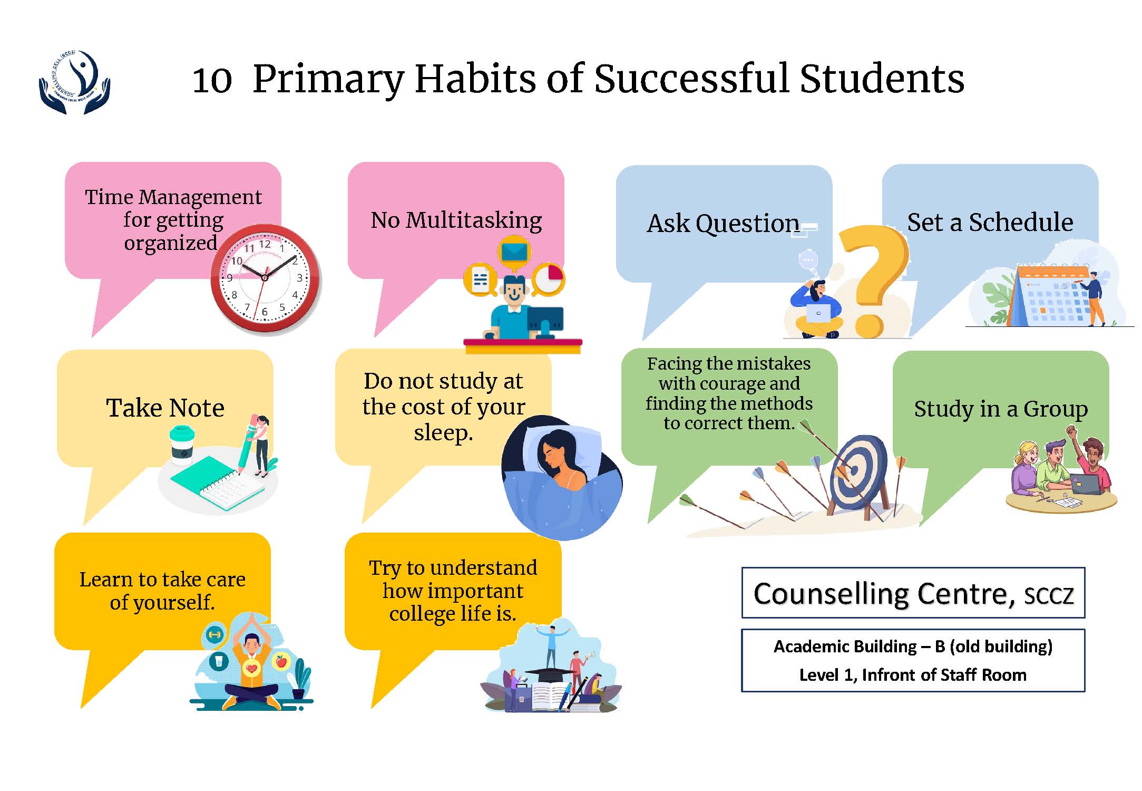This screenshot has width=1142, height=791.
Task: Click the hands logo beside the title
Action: point(74,82)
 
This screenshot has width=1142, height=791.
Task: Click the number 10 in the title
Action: point(212,80)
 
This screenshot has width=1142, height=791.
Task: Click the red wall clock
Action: point(265,278)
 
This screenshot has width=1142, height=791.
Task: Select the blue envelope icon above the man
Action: point(514,252)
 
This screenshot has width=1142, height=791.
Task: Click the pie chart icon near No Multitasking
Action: point(549,279)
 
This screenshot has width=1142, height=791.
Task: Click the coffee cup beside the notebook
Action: point(181,446)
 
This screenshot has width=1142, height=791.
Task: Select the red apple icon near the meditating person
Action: point(281,660)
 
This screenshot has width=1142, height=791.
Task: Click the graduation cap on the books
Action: point(550,675)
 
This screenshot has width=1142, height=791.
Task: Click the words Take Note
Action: point(165,408)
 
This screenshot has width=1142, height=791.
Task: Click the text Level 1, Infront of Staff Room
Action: point(913,674)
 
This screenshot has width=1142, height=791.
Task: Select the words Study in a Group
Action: point(1001,409)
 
